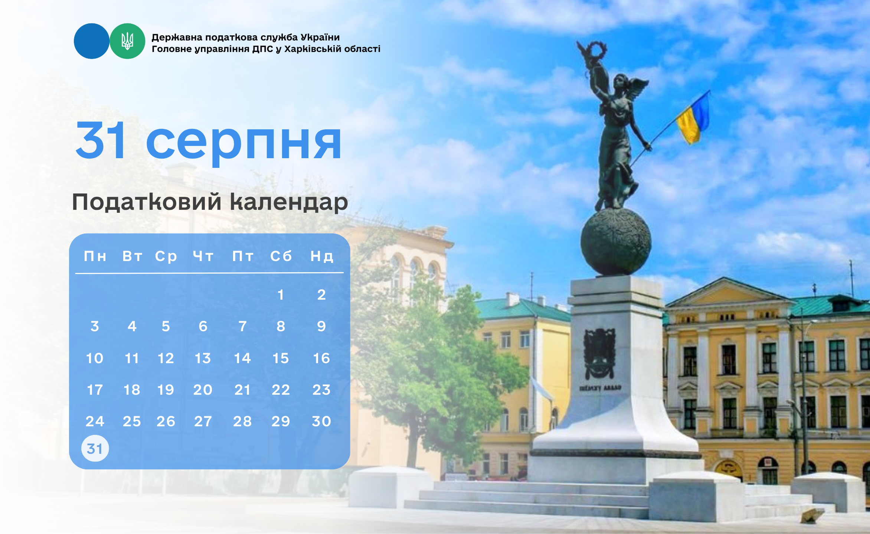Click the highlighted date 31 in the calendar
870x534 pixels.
pos(95,449)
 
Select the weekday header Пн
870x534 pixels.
pos(95,256)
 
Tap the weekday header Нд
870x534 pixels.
pos(322,256)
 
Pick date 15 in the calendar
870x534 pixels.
pos(281,358)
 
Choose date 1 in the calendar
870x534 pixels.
pos(281,295)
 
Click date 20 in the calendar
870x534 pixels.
pos(203,390)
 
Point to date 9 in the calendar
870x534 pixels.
pos(321,326)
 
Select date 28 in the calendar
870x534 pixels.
pos(242,421)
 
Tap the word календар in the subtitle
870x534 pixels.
pos(289,203)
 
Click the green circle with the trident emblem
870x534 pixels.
pos(127,41)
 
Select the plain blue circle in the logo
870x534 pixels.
pos(92,41)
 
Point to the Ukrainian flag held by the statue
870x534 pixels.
pos(693,118)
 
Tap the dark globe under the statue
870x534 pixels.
pos(616,242)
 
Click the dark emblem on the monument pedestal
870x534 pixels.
pos(599,353)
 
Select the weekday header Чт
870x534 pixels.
pos(203,256)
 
